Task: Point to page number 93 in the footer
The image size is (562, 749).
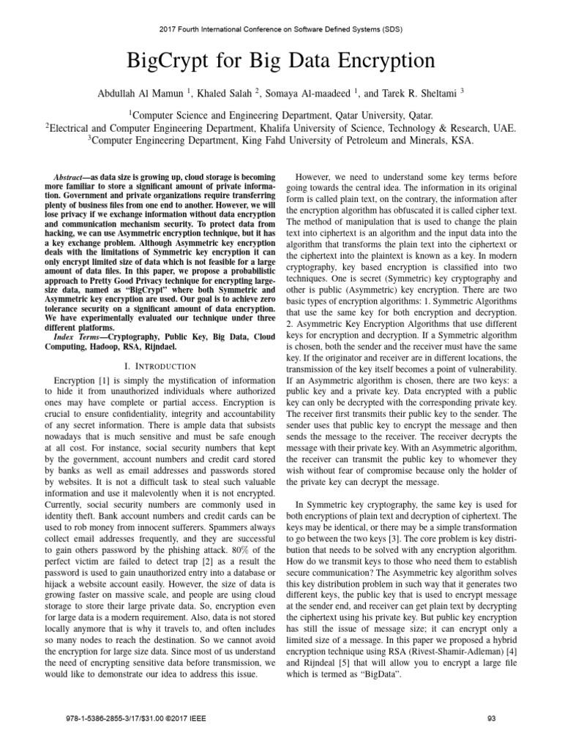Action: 491,719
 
